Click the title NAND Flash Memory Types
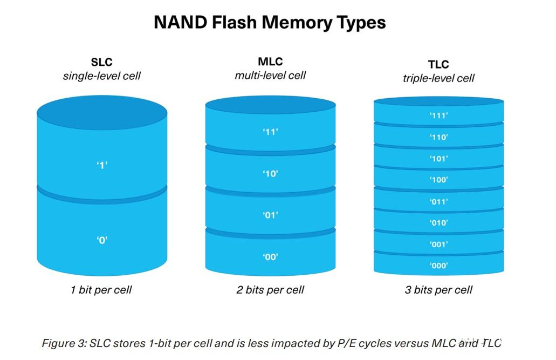pyautogui.click(x=270, y=22)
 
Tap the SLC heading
pyautogui.click(x=102, y=62)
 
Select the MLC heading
pyautogui.click(x=270, y=62)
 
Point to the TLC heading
pyautogui.click(x=438, y=64)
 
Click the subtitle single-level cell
pyautogui.click(x=102, y=76)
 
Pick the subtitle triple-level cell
pyautogui.click(x=438, y=78)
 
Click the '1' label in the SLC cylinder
pyautogui.click(x=102, y=165)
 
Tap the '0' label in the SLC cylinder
pyautogui.click(x=102, y=240)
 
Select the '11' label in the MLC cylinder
pyautogui.click(x=270, y=132)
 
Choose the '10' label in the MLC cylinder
pyautogui.click(x=270, y=174)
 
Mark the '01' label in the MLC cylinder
pyautogui.click(x=270, y=215)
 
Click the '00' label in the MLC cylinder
pyautogui.click(x=270, y=257)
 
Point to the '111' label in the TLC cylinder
pyautogui.click(x=438, y=116)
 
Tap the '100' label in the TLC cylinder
pyautogui.click(x=438, y=180)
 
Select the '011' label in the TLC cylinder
pyautogui.click(x=438, y=202)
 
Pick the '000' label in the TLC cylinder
pyautogui.click(x=438, y=265)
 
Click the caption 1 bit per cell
pyautogui.click(x=101, y=290)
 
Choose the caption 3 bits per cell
pyautogui.click(x=438, y=290)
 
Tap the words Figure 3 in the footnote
pyautogui.click(x=63, y=343)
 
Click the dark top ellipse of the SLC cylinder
pyautogui.click(x=102, y=113)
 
